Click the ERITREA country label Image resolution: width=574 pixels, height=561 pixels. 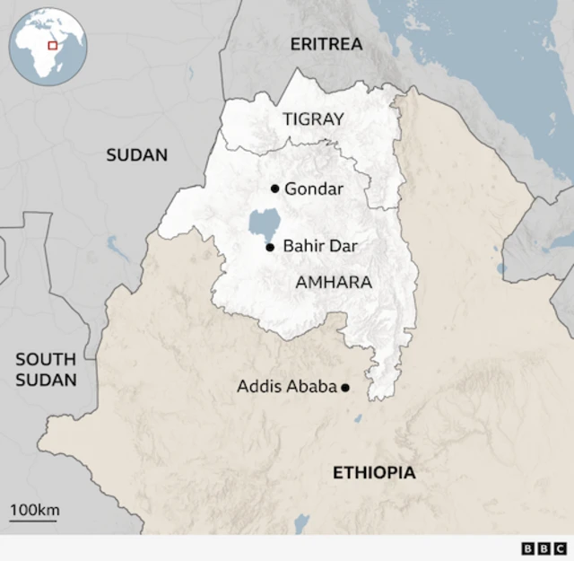326,43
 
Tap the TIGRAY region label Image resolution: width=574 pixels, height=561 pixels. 313,118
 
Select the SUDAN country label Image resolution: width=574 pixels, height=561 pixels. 136,154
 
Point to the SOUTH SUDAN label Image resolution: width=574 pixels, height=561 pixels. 46,369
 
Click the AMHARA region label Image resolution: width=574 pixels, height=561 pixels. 333,282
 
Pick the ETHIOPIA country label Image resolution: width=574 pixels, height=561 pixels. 374,472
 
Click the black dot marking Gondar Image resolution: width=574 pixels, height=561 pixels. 274,188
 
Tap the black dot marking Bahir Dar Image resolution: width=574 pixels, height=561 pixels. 269,247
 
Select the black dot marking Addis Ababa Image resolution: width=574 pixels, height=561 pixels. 345,388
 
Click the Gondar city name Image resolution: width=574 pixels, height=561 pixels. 314,188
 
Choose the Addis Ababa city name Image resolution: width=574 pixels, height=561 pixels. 286,387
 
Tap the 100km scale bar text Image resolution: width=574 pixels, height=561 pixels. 34,510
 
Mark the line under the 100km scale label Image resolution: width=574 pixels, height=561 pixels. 34,520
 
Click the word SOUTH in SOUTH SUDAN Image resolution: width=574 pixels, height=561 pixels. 46,359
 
